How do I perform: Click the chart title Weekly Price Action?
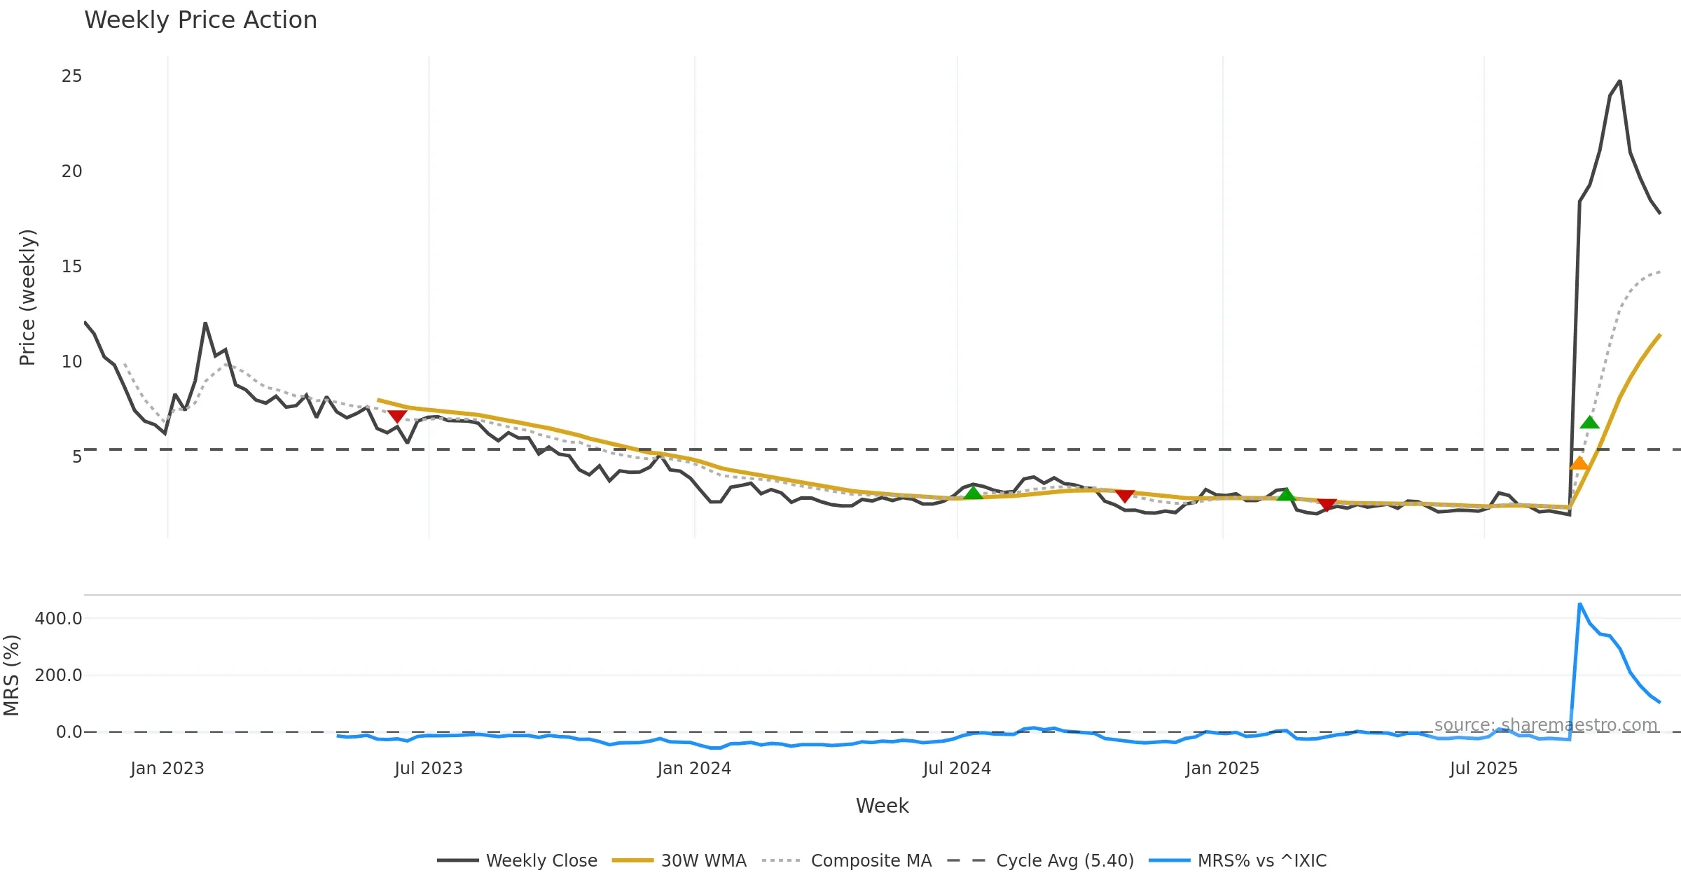pos(200,20)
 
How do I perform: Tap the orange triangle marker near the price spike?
pos(1579,463)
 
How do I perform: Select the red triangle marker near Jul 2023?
pos(397,416)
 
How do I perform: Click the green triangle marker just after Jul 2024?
pos(973,493)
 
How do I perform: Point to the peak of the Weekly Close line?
pos(1619,81)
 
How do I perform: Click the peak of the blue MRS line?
pos(1579,603)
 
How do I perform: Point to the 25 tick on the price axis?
pos(71,76)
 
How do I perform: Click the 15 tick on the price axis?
pos(71,267)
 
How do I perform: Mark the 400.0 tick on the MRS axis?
pos(58,619)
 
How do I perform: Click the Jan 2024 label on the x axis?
pos(693,769)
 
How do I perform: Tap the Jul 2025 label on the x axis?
pos(1483,769)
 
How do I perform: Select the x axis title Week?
pos(882,806)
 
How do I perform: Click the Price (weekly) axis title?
pos(27,297)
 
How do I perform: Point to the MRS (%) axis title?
pos(12,675)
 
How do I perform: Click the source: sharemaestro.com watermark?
pos(1545,725)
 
